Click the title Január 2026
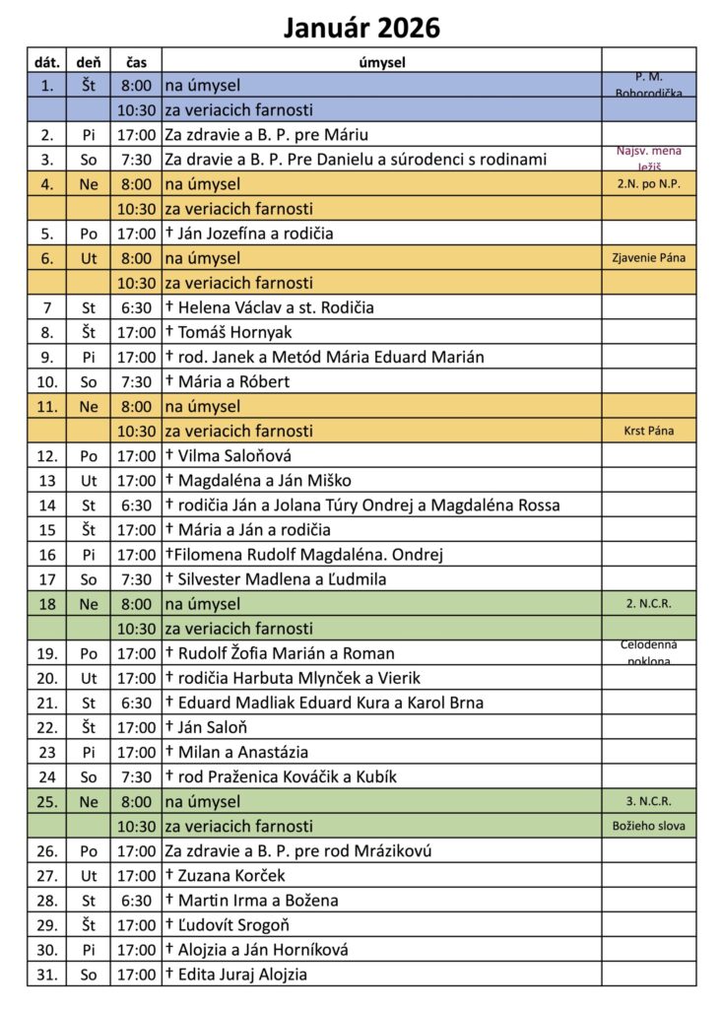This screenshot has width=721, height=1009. (x=360, y=28)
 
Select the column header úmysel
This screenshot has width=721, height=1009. (x=381, y=62)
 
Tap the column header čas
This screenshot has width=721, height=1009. (x=136, y=62)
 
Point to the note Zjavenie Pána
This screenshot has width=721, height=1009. (x=649, y=258)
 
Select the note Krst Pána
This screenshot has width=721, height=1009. (x=649, y=431)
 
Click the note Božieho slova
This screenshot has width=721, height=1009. (x=649, y=826)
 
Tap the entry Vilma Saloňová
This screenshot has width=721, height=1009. (x=234, y=456)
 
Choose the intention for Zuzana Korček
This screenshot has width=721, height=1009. (x=232, y=875)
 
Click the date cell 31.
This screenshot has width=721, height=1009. (x=47, y=975)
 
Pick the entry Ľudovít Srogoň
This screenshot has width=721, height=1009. (x=233, y=925)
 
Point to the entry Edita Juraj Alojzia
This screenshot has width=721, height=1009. (x=242, y=975)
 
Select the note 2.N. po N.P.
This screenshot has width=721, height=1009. (x=649, y=184)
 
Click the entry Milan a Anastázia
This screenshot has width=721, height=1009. (x=236, y=752)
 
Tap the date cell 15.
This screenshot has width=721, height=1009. (x=47, y=530)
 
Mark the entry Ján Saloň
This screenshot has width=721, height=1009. (x=212, y=727)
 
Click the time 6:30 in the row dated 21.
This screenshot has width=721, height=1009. (x=136, y=703)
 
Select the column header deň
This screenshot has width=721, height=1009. (x=89, y=62)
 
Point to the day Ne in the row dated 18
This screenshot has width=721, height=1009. (x=89, y=604)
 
